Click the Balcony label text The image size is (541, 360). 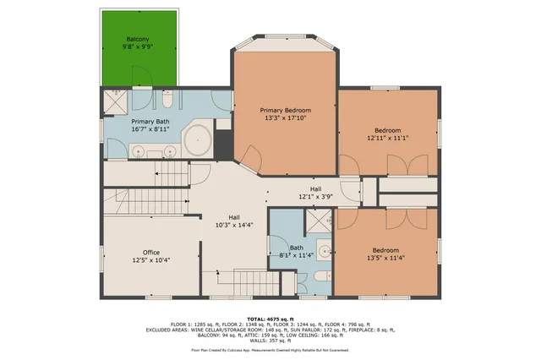(x=138, y=40)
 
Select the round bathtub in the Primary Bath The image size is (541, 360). (x=198, y=139)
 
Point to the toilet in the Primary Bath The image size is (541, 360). (x=167, y=102)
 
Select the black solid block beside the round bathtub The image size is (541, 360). (x=223, y=140)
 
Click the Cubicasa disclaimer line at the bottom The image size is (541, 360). (x=270, y=348)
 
